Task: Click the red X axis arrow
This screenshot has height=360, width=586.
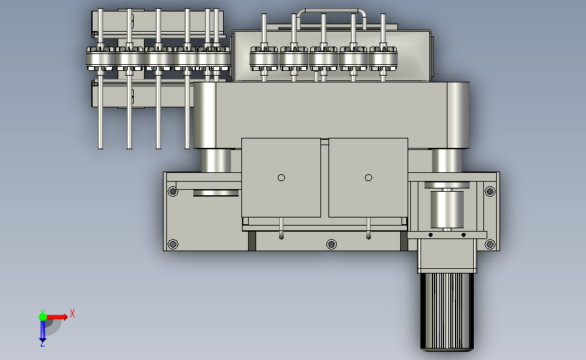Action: [57, 317]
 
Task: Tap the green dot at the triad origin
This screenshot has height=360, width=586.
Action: [43, 317]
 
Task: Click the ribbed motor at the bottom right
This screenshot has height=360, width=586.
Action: [447, 312]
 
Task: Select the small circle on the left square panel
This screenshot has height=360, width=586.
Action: [281, 178]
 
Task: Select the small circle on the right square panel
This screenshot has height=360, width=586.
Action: [368, 178]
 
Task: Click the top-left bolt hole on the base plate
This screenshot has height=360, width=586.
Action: [172, 192]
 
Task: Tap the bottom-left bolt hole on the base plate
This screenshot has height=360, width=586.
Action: [172, 245]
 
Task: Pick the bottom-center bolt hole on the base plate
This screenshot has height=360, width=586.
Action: [331, 245]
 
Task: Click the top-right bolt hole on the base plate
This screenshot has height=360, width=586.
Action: [490, 192]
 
